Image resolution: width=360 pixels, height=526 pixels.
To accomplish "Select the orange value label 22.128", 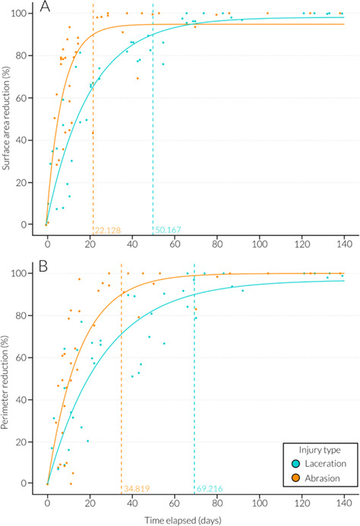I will [109, 229].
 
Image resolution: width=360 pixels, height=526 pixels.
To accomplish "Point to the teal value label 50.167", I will [169, 229].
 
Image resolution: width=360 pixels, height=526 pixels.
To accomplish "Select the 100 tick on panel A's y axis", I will [21, 14].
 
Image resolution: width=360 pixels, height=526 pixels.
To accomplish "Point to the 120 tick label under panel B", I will [302, 505].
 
